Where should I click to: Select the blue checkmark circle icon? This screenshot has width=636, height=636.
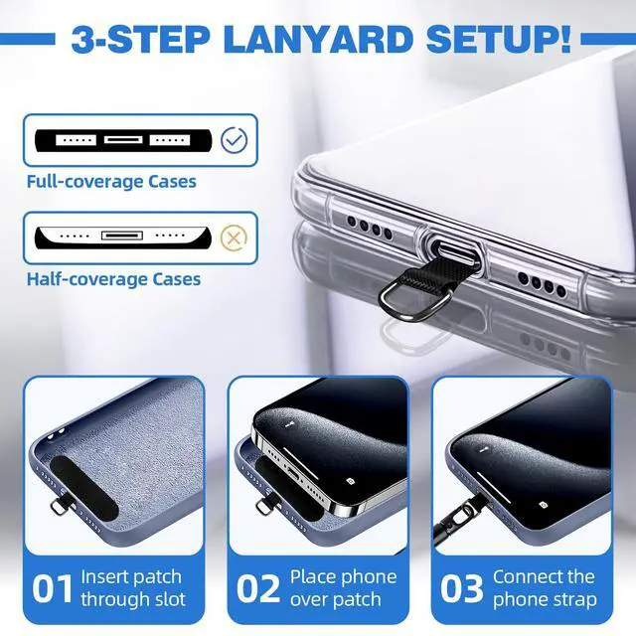point(234,140)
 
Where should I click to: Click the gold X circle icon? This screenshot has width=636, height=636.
point(234,238)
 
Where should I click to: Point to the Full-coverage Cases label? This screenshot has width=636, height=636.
point(111,181)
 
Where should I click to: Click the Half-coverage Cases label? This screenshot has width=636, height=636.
point(113,279)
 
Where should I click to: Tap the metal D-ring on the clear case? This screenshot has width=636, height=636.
point(413,303)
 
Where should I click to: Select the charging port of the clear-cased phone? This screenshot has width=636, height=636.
point(451,249)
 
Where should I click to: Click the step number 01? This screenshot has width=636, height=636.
point(53,588)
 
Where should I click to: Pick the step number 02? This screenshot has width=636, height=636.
point(258,588)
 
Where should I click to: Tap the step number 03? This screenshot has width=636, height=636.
point(461,588)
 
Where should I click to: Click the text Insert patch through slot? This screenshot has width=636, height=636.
point(132,588)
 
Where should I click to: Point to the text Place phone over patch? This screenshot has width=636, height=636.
point(343,588)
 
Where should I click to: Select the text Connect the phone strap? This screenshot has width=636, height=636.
point(545,588)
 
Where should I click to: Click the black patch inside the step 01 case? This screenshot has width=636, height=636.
point(84,487)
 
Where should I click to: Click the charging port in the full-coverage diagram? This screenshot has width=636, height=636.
point(123,140)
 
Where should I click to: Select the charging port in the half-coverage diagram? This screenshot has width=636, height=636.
point(122,236)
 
